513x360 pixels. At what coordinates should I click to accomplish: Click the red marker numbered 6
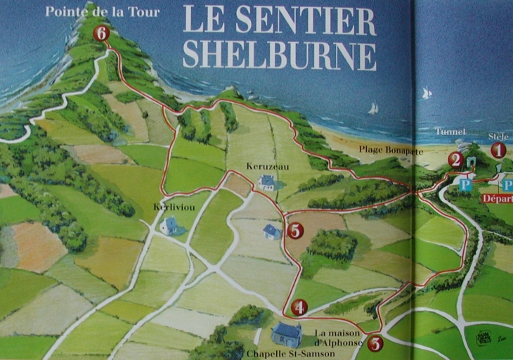pos(102,32)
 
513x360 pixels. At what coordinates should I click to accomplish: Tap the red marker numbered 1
pos(498,150)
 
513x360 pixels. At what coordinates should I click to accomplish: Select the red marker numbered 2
pos(455,160)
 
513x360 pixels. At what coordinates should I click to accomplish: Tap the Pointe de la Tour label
pos(102,11)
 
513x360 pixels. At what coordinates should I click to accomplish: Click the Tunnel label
pos(450,131)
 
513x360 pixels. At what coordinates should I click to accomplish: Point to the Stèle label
pos(498,136)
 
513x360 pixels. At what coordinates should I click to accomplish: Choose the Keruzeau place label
pos(264,167)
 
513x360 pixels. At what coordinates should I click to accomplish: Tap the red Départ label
pos(497,198)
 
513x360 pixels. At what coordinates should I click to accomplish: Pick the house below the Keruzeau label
pos(266,183)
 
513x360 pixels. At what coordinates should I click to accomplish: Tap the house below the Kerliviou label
pos(169,225)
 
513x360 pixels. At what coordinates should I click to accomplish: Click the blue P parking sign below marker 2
pos(465,184)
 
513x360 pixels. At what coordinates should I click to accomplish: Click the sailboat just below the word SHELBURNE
pos(373,108)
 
